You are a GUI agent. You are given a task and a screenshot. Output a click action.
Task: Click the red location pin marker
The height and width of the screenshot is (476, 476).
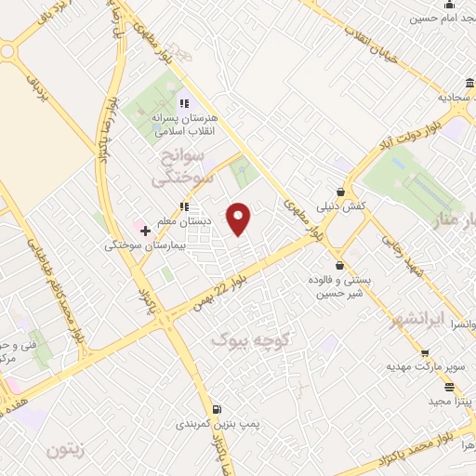coord(239,218)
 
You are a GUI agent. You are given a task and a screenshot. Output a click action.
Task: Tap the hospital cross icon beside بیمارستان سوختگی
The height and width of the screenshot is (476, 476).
coord(145,230)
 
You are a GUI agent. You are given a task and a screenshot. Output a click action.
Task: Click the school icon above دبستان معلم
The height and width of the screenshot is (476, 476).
coord(184,206)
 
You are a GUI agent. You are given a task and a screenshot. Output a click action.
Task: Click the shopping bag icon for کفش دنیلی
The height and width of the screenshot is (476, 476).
coord(341,192)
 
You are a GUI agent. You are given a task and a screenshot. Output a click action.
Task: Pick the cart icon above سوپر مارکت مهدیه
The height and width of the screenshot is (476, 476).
coord(425,353)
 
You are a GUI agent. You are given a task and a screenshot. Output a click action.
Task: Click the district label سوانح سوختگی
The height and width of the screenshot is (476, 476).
coord(183,164)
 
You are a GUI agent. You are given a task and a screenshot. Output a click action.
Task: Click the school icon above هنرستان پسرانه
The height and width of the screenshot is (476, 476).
coord(184,102)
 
